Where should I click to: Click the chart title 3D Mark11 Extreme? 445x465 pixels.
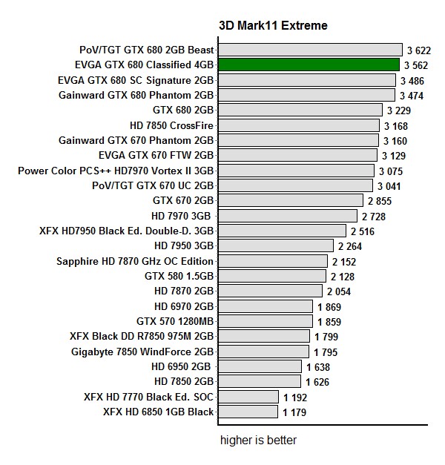click(x=273, y=26)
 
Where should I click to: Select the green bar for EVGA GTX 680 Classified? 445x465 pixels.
click(x=309, y=65)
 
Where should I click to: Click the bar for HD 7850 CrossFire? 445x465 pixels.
click(x=299, y=125)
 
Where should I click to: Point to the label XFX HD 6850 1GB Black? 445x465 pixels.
click(x=158, y=412)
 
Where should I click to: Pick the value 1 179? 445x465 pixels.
click(x=295, y=412)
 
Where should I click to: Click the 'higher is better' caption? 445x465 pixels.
click(x=258, y=441)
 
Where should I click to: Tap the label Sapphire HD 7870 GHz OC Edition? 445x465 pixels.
click(x=135, y=261)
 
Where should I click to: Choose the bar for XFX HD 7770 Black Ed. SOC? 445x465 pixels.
click(x=248, y=397)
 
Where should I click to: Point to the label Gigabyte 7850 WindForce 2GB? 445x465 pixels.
click(x=142, y=352)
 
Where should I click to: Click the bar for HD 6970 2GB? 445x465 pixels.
click(x=266, y=306)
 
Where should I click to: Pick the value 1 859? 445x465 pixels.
click(x=330, y=322)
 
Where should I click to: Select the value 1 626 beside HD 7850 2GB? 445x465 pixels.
click(x=318, y=382)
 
